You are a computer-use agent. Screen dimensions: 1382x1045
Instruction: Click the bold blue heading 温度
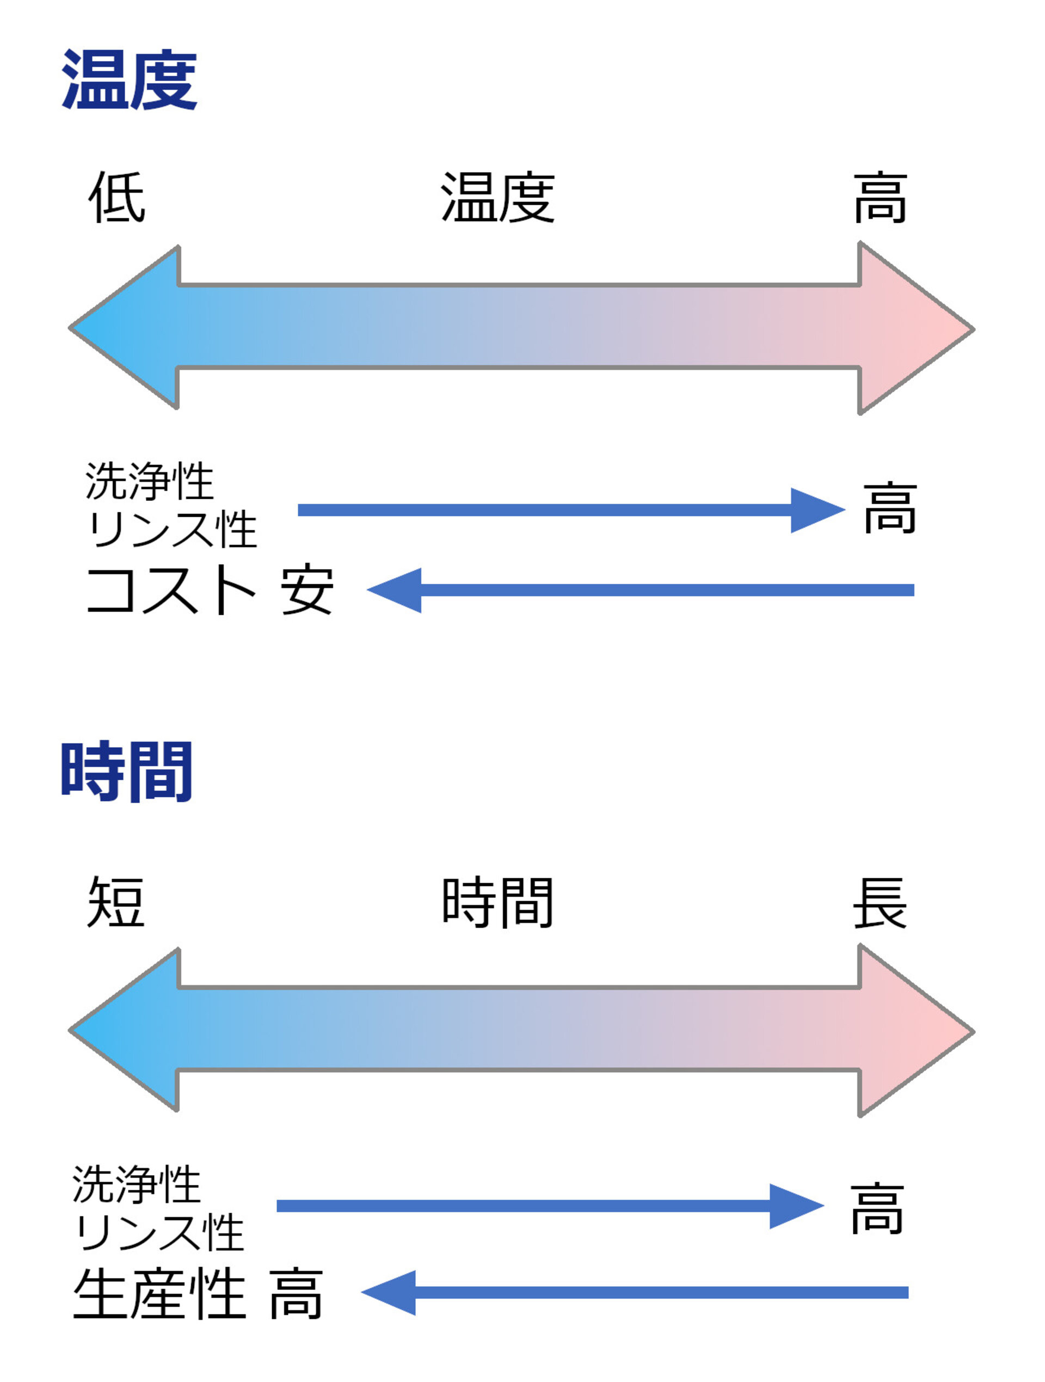point(130,80)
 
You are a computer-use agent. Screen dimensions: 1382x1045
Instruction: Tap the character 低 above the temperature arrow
point(117,198)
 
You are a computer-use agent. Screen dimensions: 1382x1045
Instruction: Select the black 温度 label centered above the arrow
point(498,198)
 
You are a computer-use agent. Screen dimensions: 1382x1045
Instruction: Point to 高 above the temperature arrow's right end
point(880,198)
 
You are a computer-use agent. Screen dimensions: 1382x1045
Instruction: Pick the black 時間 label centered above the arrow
point(498,902)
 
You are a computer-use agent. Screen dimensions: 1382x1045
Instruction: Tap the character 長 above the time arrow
point(880,902)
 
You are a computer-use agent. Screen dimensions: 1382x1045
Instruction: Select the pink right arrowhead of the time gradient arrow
point(912,1031)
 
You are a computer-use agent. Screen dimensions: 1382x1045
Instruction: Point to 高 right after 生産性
point(296,1294)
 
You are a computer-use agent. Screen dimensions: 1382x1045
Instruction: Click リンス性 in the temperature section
point(172,529)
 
